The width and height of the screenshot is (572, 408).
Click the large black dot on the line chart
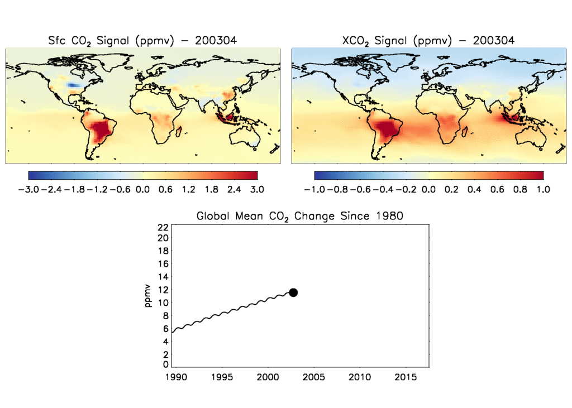coord(293,292)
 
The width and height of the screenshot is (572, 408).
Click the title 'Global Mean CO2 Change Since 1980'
coord(299,216)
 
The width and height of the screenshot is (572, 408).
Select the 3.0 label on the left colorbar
coord(256,189)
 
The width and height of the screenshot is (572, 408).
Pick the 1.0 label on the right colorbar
coord(542,189)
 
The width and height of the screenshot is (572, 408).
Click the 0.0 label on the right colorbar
coord(428,189)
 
